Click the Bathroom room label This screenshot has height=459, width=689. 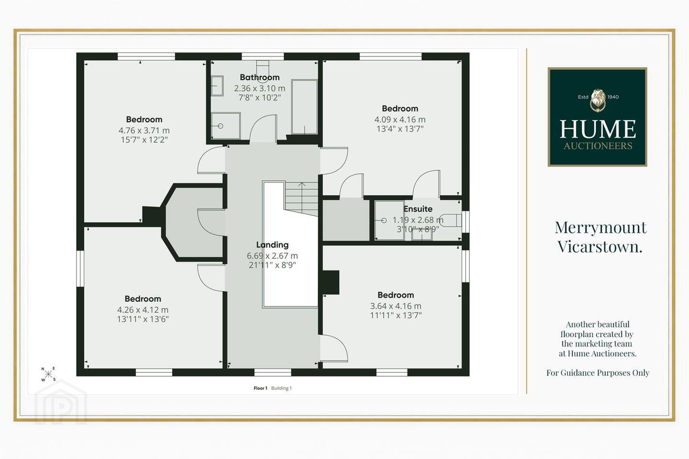[x=260, y=77]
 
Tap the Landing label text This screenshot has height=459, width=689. [x=273, y=245]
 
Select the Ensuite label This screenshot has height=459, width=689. [x=418, y=209]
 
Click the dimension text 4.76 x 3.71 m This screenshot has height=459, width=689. [x=144, y=131]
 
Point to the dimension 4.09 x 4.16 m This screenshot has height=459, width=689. [x=400, y=120]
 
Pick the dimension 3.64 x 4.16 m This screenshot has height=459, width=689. [x=396, y=306]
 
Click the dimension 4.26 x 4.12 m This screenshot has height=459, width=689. [x=143, y=310]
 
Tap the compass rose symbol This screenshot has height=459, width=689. [x=49, y=374]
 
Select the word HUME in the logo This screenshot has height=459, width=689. [x=598, y=130]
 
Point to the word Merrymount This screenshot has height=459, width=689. [x=601, y=228]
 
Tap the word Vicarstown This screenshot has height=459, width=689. [x=600, y=247]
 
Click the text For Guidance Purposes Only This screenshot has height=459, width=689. [x=598, y=373]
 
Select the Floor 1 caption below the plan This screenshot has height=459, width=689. [x=260, y=388]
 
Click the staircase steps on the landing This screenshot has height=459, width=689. [x=301, y=198]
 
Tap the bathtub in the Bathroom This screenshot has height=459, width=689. [x=304, y=107]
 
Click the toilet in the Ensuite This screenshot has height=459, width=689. [x=451, y=220]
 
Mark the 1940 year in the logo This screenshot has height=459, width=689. [x=613, y=97]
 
